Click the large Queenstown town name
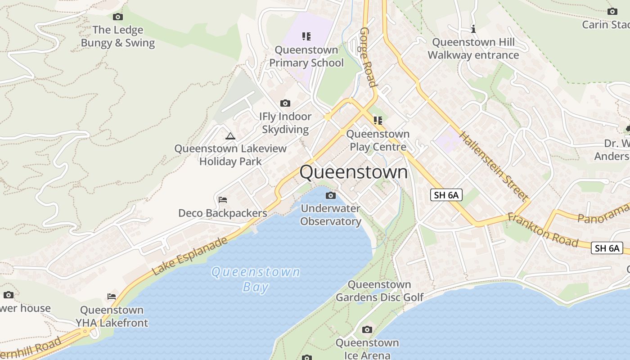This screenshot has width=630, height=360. (x=354, y=172)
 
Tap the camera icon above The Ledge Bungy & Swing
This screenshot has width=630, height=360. (x=118, y=17)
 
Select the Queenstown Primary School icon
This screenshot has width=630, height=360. (x=306, y=36)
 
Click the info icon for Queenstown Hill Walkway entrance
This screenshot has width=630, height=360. (x=473, y=29)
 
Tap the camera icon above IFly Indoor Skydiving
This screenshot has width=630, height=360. (x=285, y=103)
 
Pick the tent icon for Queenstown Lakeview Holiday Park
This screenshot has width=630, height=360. (x=230, y=136)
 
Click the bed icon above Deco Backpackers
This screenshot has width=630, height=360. (x=222, y=200)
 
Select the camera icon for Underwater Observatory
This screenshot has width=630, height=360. (x=331, y=195)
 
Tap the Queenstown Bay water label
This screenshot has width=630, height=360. (x=256, y=279)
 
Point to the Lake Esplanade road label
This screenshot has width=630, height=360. (x=190, y=256)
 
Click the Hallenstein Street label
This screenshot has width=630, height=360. (x=493, y=166)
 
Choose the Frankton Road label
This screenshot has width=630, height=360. (x=543, y=230)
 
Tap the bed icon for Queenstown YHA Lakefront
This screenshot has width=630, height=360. (x=112, y=297)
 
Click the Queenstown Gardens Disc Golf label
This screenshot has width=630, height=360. (x=380, y=291)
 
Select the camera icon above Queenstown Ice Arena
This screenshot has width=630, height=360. (x=367, y=330)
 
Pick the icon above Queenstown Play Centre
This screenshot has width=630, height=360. (x=378, y=120)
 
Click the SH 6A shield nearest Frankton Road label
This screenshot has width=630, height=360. (x=607, y=248)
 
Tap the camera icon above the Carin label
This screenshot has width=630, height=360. (x=612, y=12)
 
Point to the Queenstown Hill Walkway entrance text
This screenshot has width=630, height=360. (x=473, y=49)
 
